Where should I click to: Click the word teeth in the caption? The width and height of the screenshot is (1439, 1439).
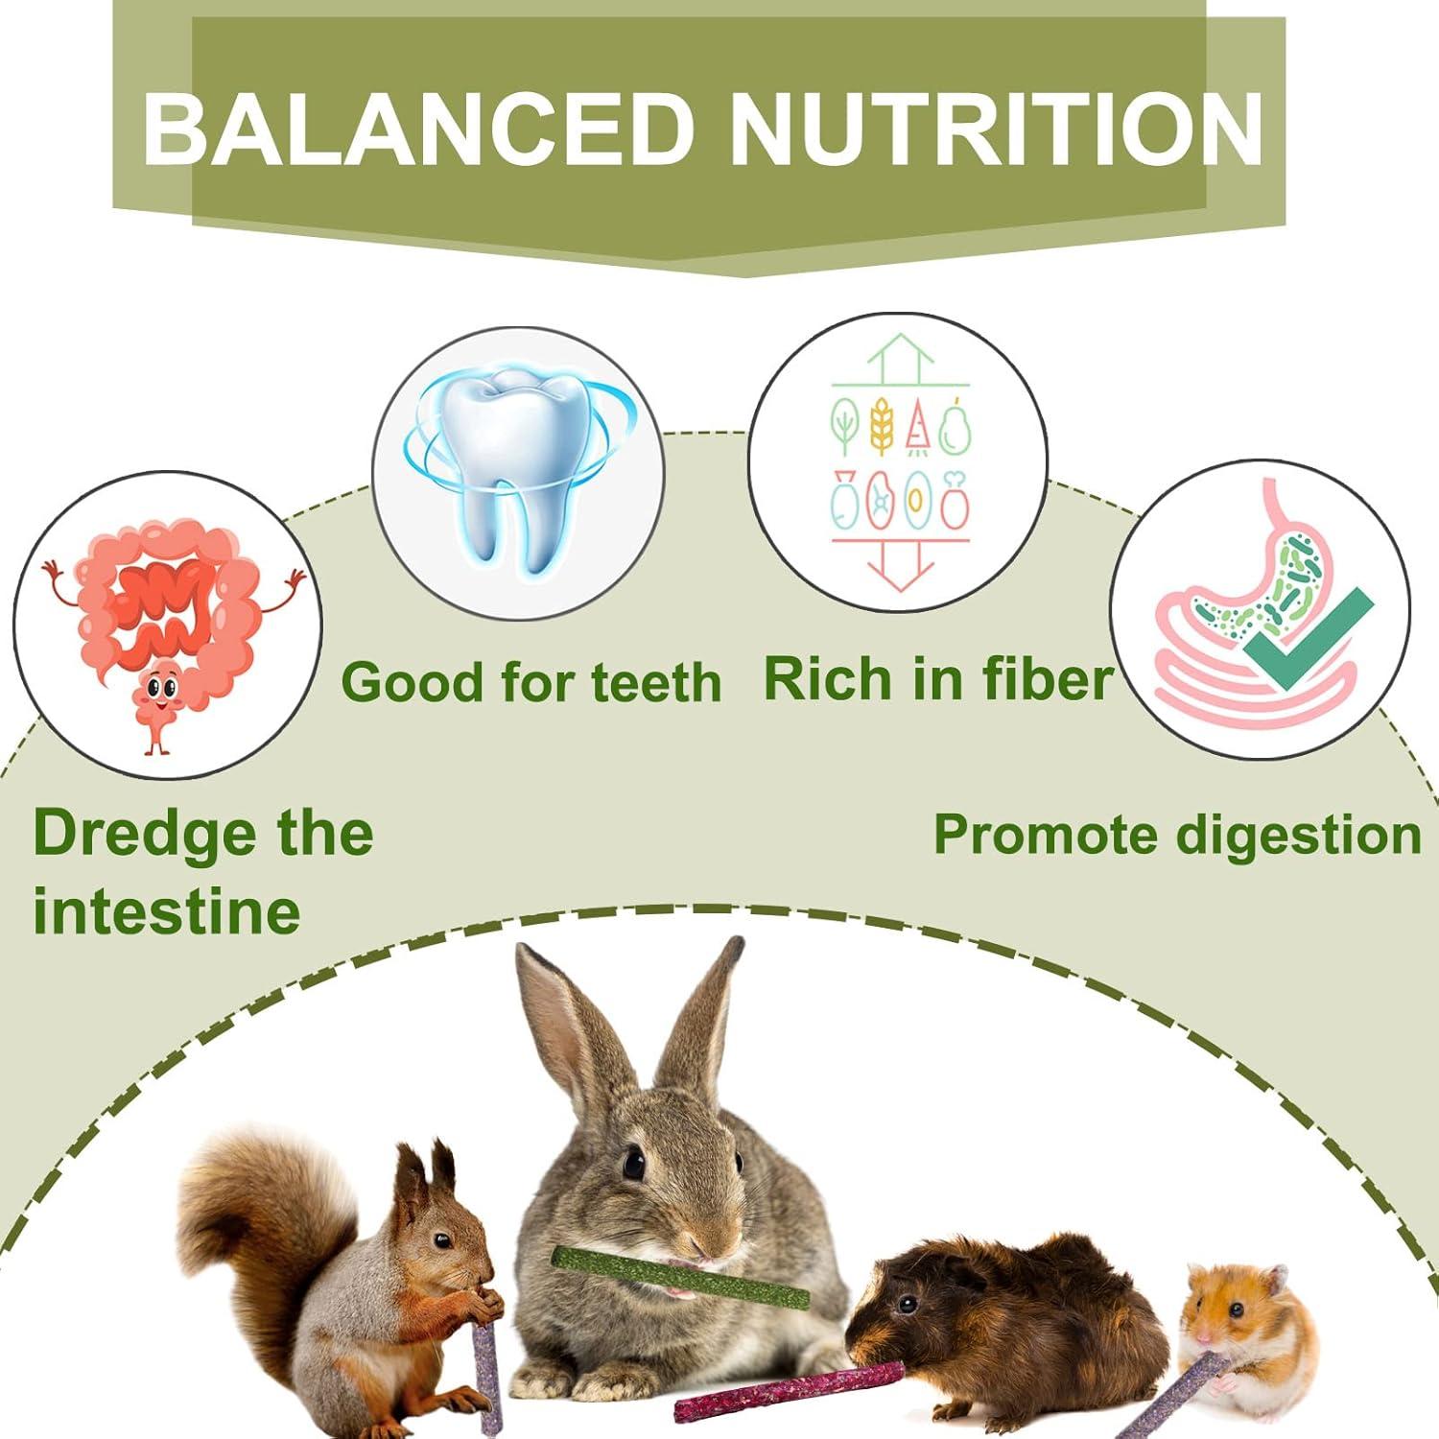tap(656, 683)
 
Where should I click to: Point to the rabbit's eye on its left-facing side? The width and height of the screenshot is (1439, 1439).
tap(633, 1164)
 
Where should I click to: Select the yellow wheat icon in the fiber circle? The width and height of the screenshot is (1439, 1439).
tap(882, 426)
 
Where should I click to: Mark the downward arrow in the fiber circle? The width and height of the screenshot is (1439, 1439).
tap(900, 566)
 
